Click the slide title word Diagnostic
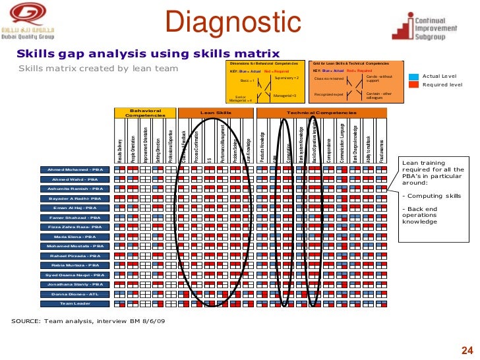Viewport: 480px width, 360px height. [233, 23]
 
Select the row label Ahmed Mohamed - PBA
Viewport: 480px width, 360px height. [74, 169]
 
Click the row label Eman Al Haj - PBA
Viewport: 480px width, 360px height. [74, 208]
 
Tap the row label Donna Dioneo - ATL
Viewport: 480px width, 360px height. [74, 293]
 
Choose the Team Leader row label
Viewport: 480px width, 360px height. [74, 303]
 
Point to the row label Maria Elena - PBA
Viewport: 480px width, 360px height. [74, 236]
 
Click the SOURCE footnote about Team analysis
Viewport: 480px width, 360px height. [88, 320]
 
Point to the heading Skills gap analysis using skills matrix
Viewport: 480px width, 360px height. [148, 53]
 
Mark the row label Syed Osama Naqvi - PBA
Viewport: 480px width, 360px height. [74, 274]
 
